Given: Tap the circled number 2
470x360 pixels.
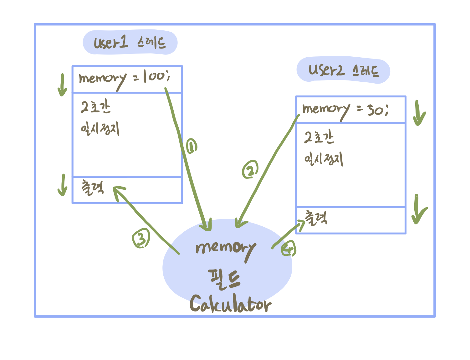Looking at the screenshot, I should (250, 170).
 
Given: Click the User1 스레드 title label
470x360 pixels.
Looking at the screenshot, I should (130, 42).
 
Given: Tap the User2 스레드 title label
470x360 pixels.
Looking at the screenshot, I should (343, 70).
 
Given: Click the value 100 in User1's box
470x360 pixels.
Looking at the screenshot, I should (156, 76).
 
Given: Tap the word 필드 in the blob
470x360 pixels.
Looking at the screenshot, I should (224, 279).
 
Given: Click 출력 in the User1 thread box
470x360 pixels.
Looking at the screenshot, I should (92, 188).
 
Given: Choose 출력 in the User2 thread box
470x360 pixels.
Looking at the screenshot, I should (316, 218).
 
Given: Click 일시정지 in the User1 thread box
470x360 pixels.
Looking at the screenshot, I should (100, 129).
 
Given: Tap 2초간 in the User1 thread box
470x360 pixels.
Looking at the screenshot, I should (95, 107).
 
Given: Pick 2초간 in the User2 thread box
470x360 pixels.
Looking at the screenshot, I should (319, 137).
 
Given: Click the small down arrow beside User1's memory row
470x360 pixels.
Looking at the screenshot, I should (62, 85).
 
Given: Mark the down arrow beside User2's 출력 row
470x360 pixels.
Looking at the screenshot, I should (418, 209).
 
